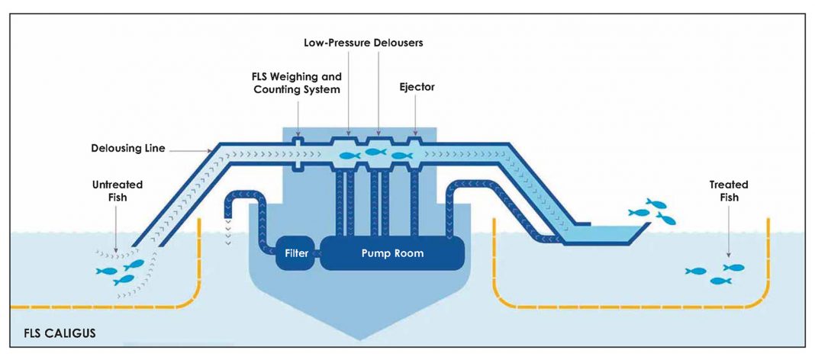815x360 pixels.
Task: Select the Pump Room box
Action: [392, 253]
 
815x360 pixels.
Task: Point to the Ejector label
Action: [417, 87]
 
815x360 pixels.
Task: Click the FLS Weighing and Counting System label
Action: [298, 83]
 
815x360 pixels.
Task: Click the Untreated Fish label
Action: [118, 191]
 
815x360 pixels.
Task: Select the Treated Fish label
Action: [728, 191]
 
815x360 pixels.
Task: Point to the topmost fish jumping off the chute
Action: [656, 204]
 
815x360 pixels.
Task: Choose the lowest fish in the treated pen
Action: [720, 281]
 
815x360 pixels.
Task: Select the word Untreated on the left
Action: [118, 185]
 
